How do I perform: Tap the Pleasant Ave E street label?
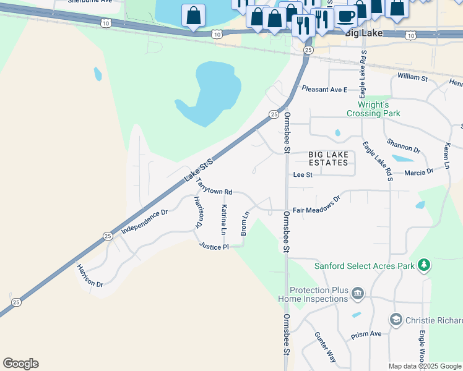click(324, 90)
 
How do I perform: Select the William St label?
click(412, 78)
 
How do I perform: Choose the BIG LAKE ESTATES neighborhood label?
click(328, 158)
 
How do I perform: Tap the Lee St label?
click(303, 175)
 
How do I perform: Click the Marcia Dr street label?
click(418, 172)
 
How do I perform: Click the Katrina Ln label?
click(224, 220)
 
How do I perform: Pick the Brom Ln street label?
click(245, 223)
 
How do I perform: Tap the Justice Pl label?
click(214, 246)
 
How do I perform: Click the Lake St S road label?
click(198, 170)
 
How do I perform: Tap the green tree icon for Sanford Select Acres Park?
click(423, 265)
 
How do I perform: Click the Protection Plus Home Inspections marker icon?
click(357, 293)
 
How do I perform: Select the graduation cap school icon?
click(396, 320)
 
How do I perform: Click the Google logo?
click(20, 364)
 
